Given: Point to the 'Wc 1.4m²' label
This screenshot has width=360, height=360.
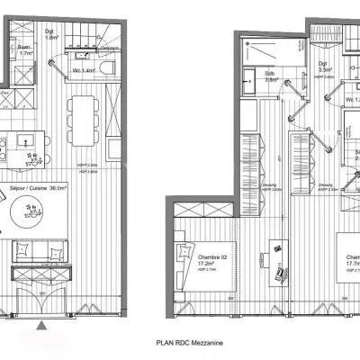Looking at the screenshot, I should pyautogui.click(x=83, y=69).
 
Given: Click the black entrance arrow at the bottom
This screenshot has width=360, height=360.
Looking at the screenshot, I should pyautogui.click(x=44, y=323).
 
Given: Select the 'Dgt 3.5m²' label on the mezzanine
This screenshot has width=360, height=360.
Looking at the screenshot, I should pyautogui.click(x=324, y=64).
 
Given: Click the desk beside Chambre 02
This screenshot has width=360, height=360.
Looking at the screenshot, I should pyautogui.click(x=276, y=261).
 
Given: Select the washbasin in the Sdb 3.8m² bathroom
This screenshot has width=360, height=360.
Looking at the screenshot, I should pyautogui.click(x=249, y=77).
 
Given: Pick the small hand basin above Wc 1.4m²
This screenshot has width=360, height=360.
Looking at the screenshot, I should pyautogui.click(x=93, y=51).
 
